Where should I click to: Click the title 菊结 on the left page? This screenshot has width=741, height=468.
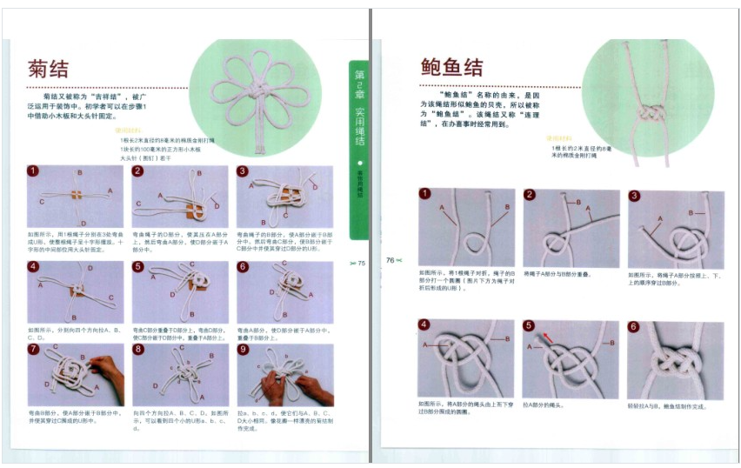pos(49,70)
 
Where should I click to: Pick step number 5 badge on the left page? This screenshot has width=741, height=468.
pos(137,266)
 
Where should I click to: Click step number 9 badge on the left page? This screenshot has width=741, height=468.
pos(243,350)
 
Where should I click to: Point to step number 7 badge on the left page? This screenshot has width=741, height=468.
pos(33,350)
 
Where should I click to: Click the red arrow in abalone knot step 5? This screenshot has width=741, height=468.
pos(546,336)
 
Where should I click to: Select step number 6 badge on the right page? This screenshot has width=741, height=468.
pos(634,327)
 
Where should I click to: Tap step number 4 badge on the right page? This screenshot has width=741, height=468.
pos(424,326)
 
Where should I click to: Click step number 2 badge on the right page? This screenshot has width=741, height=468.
pos(529,194)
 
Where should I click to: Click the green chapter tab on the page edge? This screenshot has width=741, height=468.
pos(358,148)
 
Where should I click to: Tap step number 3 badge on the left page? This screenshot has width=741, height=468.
pos(243,171)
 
